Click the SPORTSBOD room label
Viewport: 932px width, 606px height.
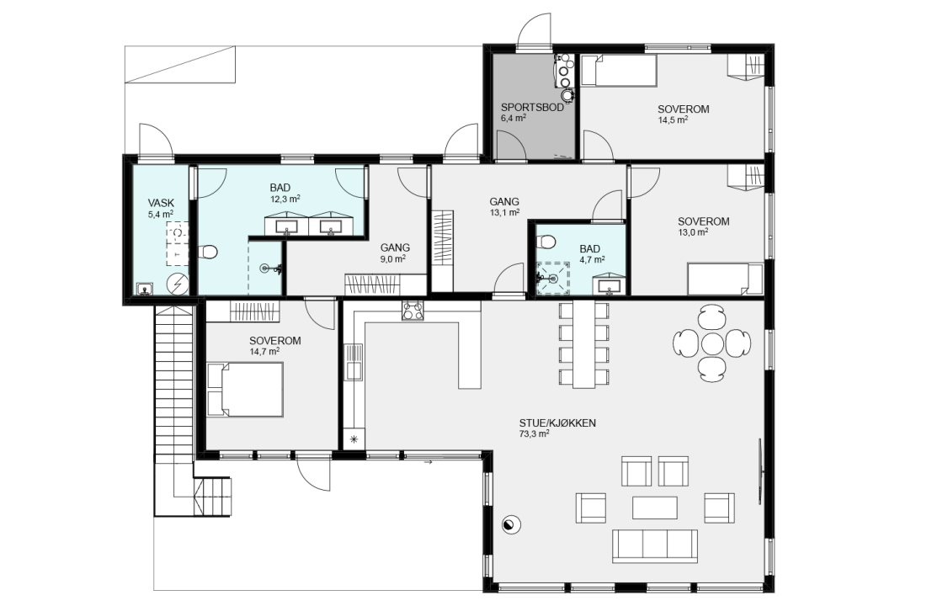pyautogui.click(x=532, y=108)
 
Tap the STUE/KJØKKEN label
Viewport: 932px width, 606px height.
pyautogui.click(x=557, y=423)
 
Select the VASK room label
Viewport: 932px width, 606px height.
pyautogui.click(x=161, y=203)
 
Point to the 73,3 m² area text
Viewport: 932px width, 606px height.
pyautogui.click(x=534, y=433)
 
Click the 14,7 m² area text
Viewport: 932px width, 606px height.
pyautogui.click(x=264, y=351)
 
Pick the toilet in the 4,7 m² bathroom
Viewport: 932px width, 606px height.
pyautogui.click(x=545, y=242)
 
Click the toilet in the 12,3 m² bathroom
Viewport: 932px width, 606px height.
pyautogui.click(x=207, y=252)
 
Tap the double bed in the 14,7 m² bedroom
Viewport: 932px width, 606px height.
pyautogui.click(x=245, y=390)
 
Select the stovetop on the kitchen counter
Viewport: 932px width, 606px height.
pyautogui.click(x=413, y=311)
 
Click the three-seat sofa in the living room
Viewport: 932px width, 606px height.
pyautogui.click(x=655, y=545)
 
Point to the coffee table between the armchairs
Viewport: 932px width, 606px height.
pyautogui.click(x=654, y=508)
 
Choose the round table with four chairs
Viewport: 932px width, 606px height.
pyautogui.click(x=711, y=343)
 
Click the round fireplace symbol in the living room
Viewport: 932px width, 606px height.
pyautogui.click(x=511, y=524)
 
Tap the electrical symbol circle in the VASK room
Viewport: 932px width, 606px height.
pyautogui.click(x=177, y=284)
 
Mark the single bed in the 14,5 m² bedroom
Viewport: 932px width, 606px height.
pyautogui.click(x=618, y=70)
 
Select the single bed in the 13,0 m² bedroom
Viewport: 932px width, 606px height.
pyautogui.click(x=725, y=279)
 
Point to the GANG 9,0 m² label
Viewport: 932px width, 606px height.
pyautogui.click(x=395, y=252)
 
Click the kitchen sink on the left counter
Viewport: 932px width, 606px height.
pyautogui.click(x=354, y=363)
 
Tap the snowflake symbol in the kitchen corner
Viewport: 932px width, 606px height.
pyautogui.click(x=354, y=439)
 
